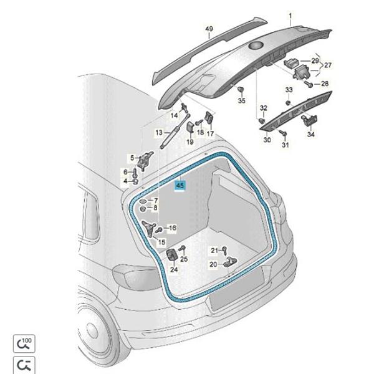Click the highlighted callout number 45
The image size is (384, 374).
pyautogui.click(x=180, y=185)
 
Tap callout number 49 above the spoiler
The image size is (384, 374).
pyautogui.click(x=209, y=29)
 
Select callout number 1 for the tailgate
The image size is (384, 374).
pyautogui.click(x=290, y=16)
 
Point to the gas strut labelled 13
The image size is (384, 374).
pyautogui.click(x=175, y=131)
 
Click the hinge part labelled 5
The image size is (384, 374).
pyautogui.click(x=145, y=160)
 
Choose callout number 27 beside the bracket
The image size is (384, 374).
pyautogui.click(x=328, y=65)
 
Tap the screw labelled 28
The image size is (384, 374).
pyautogui.click(x=309, y=84)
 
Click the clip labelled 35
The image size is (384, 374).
pyautogui.click(x=241, y=90)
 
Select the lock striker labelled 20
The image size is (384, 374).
pyautogui.click(x=229, y=261)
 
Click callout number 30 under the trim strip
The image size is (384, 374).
pyautogui.click(x=267, y=140)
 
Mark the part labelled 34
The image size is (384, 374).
pyautogui.click(x=309, y=120)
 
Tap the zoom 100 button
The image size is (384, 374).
pyautogui.click(x=24, y=343)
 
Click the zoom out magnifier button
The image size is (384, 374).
pyautogui.click(x=24, y=365)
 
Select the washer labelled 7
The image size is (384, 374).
pyautogui.click(x=143, y=201)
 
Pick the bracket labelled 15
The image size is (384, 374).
pyautogui.click(x=149, y=228)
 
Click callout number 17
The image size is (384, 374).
pyautogui.click(x=210, y=134)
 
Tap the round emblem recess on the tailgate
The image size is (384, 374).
pyautogui.click(x=256, y=46)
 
